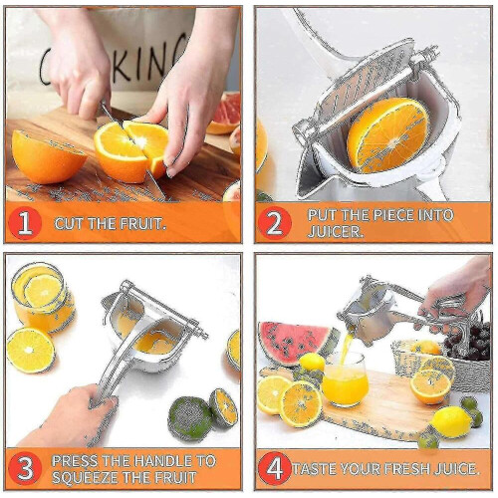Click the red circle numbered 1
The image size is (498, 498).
[25, 223]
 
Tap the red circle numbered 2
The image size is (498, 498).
[274, 223]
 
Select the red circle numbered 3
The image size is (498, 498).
[25, 468]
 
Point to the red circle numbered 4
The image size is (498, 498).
[274, 468]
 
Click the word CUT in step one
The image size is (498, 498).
[68, 224]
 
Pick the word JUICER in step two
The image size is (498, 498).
[335, 231]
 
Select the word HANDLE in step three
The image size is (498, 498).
[164, 461]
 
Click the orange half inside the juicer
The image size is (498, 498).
[387, 135]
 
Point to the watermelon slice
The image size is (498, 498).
[295, 343]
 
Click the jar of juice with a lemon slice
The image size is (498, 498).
[42, 297]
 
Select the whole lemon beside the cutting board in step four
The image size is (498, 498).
[451, 421]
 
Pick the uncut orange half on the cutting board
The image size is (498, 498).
[48, 157]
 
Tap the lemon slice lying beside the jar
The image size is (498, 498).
[31, 350]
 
